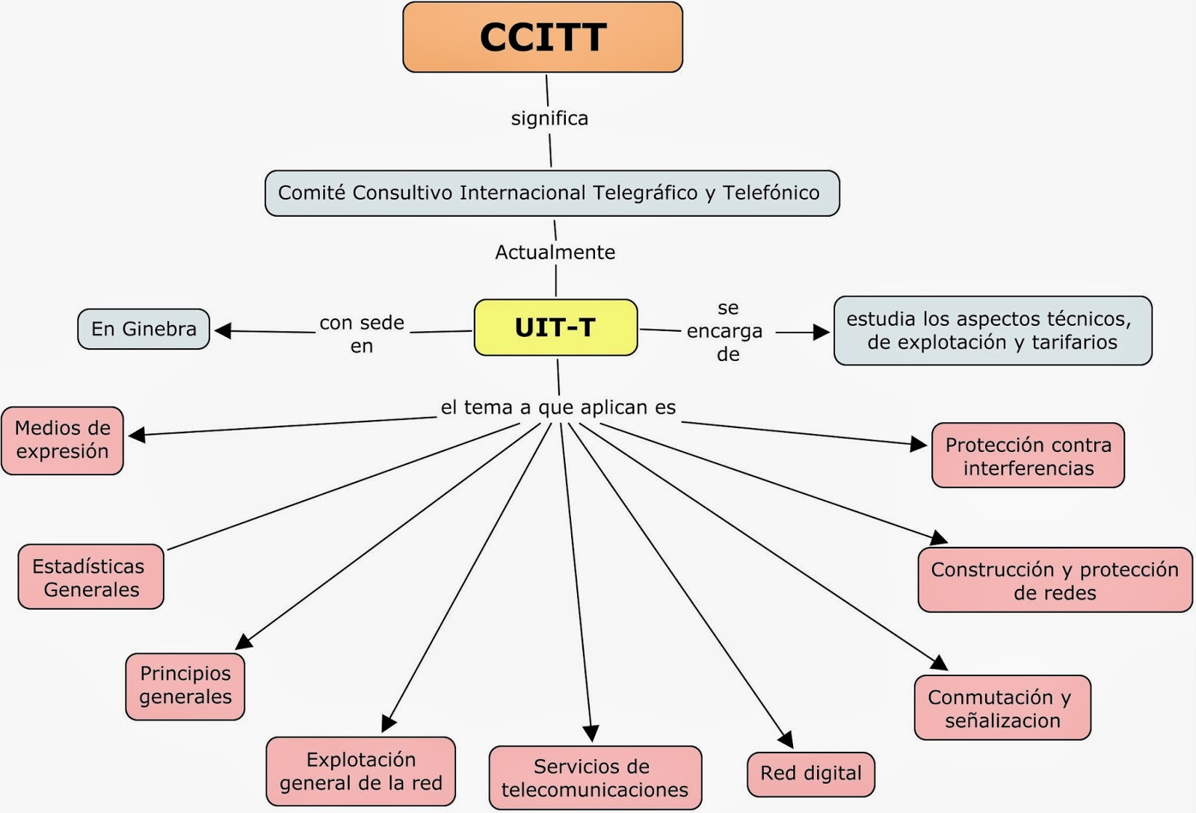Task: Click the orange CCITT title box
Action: click(x=543, y=37)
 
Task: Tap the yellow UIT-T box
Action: click(x=555, y=327)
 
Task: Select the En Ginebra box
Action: click(x=144, y=329)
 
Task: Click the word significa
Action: click(x=549, y=118)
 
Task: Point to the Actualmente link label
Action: click(x=555, y=253)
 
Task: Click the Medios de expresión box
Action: click(x=63, y=440)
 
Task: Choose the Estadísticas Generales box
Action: click(x=90, y=577)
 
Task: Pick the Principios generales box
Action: click(x=185, y=686)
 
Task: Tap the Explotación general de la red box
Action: click(x=361, y=771)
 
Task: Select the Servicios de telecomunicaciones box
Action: click(x=595, y=778)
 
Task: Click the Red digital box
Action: click(x=810, y=773)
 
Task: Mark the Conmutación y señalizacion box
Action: click(x=1002, y=708)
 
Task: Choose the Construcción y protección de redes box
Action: click(x=1054, y=581)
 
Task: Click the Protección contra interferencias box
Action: click(x=1028, y=456)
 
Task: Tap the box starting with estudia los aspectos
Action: click(x=992, y=330)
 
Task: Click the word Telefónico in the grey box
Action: click(x=771, y=193)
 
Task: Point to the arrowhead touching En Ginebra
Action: click(x=223, y=330)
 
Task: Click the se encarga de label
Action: click(x=726, y=330)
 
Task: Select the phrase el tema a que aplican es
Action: click(x=558, y=407)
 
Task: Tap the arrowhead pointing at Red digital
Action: click(x=785, y=740)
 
